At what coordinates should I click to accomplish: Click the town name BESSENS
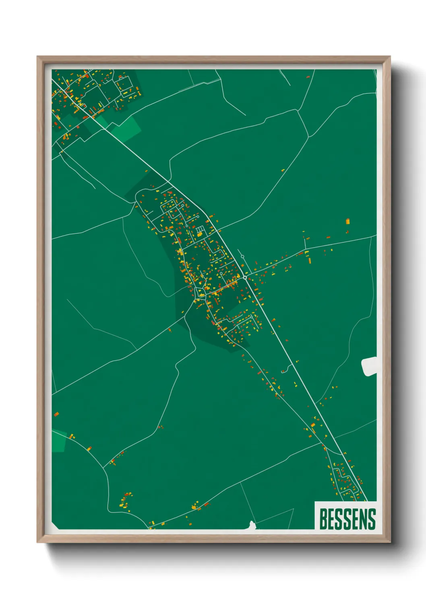coord(347,519)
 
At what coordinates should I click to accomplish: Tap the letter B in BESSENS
coord(323,519)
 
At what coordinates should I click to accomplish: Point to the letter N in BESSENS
coord(363,519)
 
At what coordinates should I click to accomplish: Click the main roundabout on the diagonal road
coord(245,277)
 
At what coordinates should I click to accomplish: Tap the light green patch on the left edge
coord(59,441)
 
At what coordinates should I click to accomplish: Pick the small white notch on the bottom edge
coord(252,525)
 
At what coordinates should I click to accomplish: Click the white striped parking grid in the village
coord(200,232)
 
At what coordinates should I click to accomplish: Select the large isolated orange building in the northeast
coord(348,221)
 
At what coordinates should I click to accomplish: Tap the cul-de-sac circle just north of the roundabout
coord(243,256)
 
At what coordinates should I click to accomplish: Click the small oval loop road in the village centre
coord(200,292)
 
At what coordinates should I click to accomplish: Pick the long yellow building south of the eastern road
coord(309,260)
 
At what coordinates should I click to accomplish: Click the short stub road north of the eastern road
coord(305,243)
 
